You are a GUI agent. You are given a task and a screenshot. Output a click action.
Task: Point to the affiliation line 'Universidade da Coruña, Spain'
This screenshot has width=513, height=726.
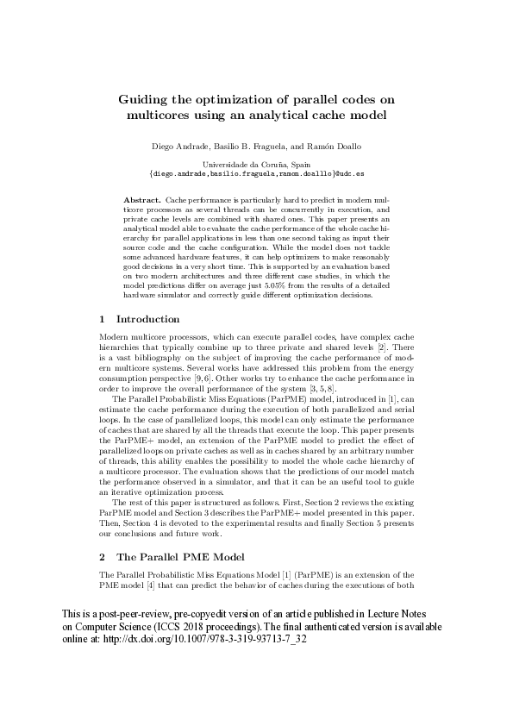[256, 163]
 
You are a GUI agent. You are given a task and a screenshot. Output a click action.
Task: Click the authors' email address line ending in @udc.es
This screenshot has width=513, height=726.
[256, 172]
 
